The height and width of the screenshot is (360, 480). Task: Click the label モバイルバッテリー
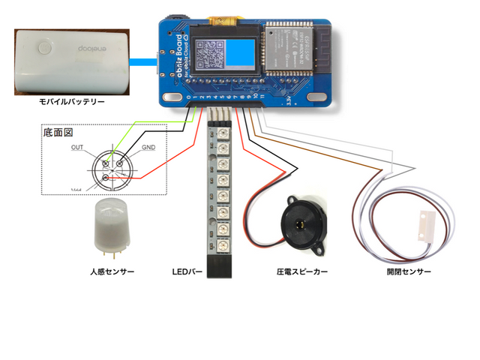(72, 101)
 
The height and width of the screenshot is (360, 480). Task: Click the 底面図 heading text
(57, 132)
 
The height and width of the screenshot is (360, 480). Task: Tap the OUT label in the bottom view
(77, 148)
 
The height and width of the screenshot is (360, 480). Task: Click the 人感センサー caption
(112, 272)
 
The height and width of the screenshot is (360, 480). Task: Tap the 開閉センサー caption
(409, 272)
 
